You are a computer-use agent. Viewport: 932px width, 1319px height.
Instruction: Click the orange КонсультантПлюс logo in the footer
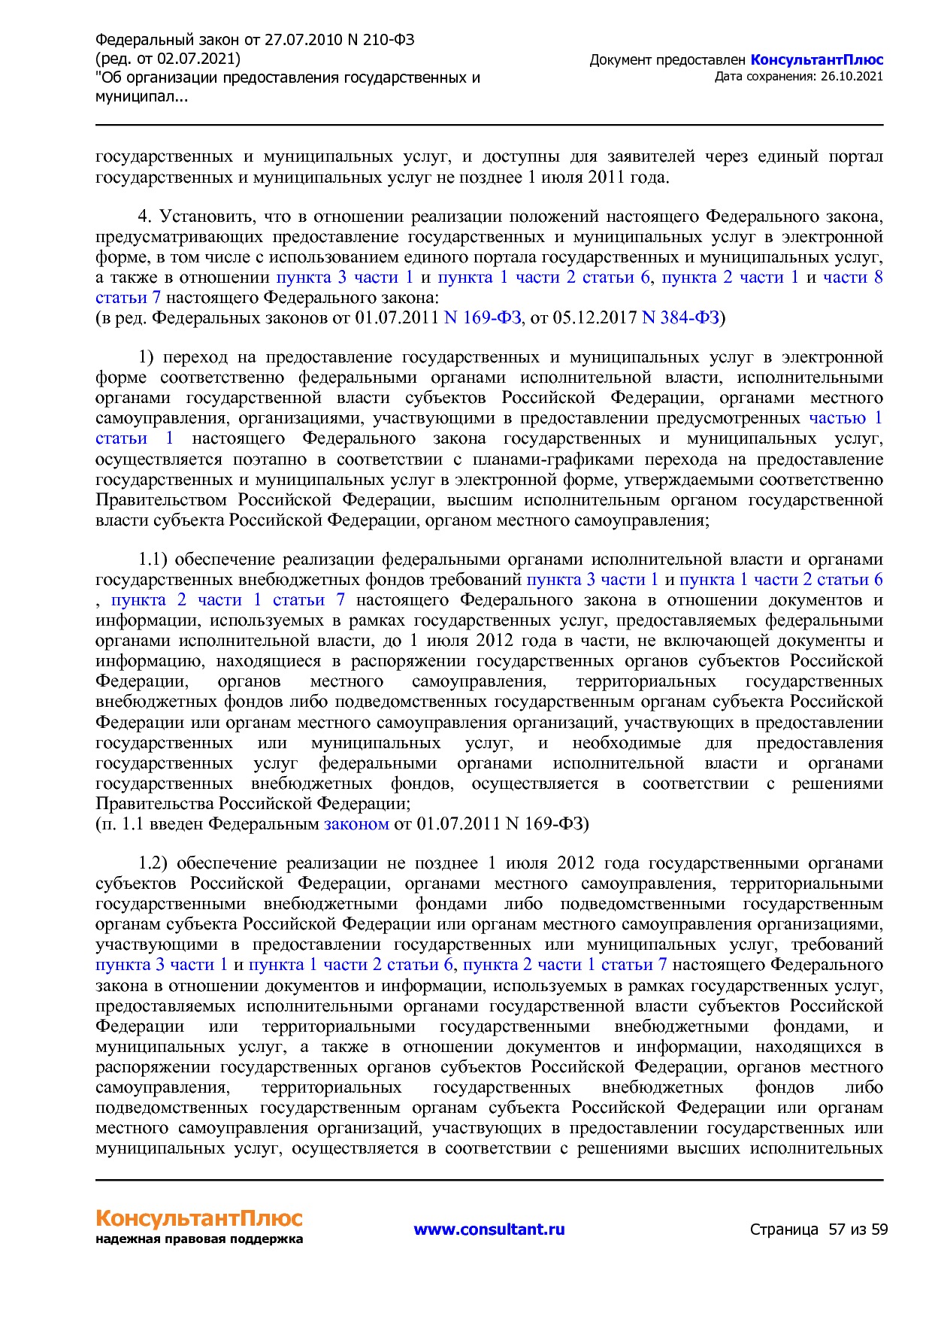(198, 1218)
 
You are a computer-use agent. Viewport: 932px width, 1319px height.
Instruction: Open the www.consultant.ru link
(489, 1230)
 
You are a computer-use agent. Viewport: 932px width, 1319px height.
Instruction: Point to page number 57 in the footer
(837, 1230)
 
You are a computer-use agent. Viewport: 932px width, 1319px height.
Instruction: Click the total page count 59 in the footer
(879, 1230)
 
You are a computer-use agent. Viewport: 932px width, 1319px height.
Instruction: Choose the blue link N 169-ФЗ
(483, 318)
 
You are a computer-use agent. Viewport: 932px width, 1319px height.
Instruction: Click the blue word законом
(356, 823)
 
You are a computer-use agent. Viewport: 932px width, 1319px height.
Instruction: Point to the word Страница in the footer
(784, 1230)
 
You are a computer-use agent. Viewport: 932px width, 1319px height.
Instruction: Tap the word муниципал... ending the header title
(142, 96)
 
